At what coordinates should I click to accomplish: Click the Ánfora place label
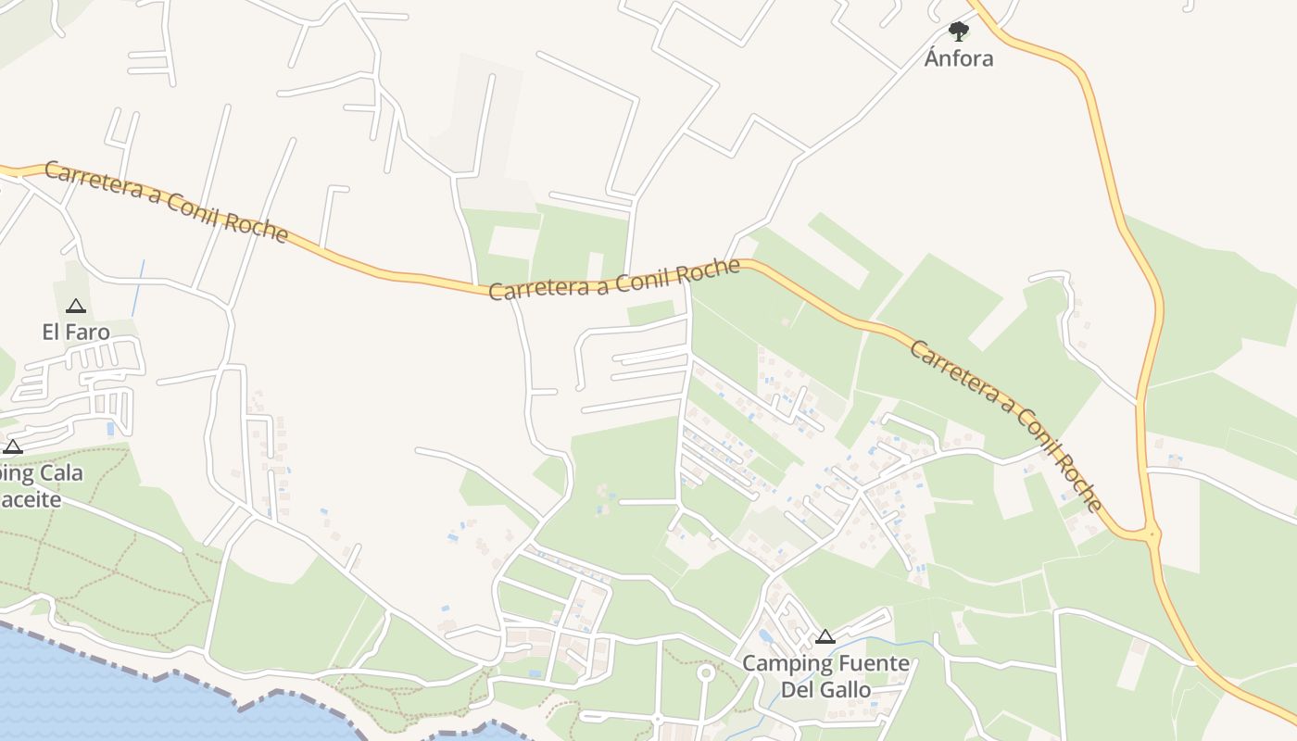[x=959, y=58]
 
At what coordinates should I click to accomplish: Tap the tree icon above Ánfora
[x=959, y=31]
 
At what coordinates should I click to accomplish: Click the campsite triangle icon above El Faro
[x=76, y=307]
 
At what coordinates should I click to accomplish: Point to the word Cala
[x=61, y=473]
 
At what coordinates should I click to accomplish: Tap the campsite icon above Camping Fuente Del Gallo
[x=825, y=637]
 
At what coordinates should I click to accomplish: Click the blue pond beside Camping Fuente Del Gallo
[x=766, y=637]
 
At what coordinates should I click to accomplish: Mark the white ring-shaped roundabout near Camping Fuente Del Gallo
[x=706, y=672]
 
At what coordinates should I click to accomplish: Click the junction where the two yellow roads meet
[x=1151, y=534]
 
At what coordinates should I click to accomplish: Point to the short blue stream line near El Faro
[x=138, y=287]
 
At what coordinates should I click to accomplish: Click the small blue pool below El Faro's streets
[x=111, y=429]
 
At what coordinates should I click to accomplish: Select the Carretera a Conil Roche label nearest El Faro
[x=167, y=202]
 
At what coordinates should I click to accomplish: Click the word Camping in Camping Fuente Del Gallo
[x=782, y=664]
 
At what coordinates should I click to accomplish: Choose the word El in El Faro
[x=51, y=332]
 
